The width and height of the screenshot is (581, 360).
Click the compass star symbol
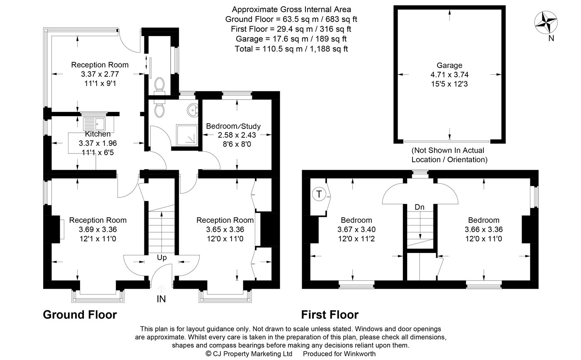click(546, 22)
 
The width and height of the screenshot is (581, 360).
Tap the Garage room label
click(449, 65)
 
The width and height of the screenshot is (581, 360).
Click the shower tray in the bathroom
click(187, 135)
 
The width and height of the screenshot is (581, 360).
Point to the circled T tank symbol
click(319, 194)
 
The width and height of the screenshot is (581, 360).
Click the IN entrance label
click(161, 299)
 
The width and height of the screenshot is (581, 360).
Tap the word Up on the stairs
click(162, 258)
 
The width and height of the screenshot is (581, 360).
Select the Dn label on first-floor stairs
click(420, 207)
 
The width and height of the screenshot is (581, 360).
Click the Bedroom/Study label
click(233, 126)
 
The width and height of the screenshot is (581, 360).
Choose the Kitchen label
click(98, 134)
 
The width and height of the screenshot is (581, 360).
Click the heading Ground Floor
click(80, 315)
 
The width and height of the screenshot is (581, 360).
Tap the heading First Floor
click(330, 315)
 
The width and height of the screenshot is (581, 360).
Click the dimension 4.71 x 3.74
click(449, 75)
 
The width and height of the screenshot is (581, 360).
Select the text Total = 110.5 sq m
click(269, 49)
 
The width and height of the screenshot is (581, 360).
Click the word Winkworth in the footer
click(360, 354)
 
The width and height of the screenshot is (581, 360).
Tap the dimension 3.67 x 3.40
click(356, 229)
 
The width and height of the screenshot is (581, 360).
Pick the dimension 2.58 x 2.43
click(237, 135)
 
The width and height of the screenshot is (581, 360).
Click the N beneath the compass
click(551, 38)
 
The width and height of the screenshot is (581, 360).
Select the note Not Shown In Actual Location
click(449, 155)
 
